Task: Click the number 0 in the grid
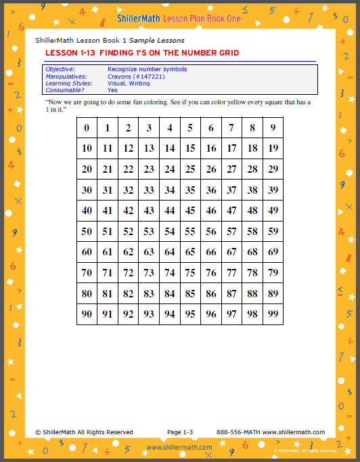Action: click(87, 128)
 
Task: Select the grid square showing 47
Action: click(232, 211)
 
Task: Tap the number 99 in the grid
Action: click(273, 314)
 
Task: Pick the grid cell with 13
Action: click(149, 148)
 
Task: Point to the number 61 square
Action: click(108, 252)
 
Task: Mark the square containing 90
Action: click(87, 314)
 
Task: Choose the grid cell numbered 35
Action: click(190, 190)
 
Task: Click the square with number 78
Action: click(252, 273)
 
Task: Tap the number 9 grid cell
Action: click(273, 128)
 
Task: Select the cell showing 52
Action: click(128, 232)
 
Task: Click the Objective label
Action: click(60, 69)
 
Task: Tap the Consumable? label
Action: click(64, 90)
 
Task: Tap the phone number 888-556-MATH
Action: click(238, 432)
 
